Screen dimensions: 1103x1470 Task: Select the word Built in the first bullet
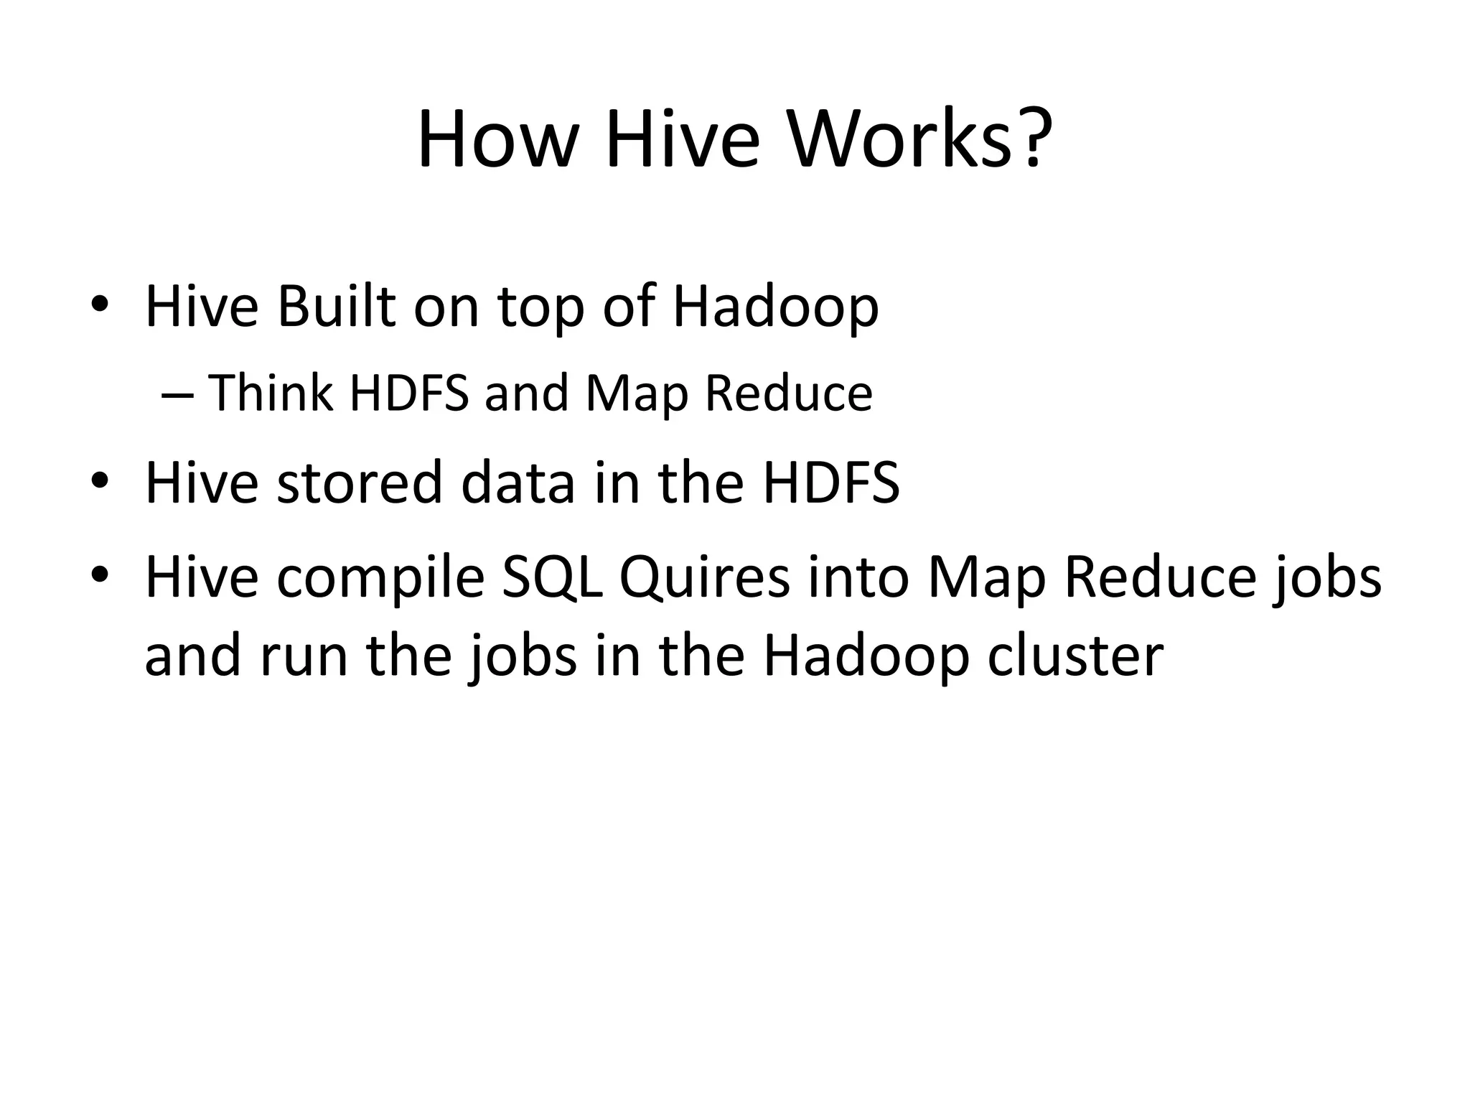(336, 307)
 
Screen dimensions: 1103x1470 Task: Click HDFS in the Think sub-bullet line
(408, 394)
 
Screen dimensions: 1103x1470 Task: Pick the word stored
(360, 483)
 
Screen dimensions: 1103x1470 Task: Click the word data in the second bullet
(518, 483)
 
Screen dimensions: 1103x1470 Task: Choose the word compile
(380, 578)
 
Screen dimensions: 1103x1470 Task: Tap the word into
(858, 578)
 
